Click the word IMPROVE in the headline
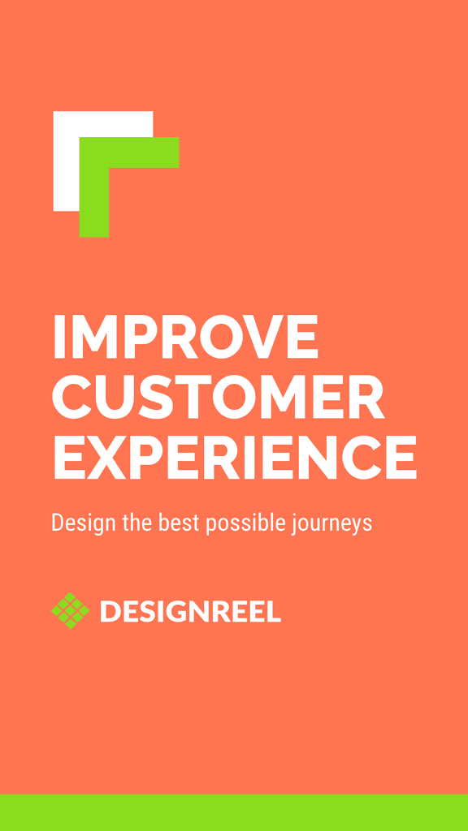coord(185,338)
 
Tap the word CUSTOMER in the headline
coord(219,398)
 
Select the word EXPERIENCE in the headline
coord(234,458)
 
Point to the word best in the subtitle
coord(180,522)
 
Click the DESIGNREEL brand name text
coord(190,611)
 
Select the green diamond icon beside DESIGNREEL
coord(70,610)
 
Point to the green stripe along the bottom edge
coord(234,812)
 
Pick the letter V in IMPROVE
coord(249,338)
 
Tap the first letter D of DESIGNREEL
coord(110,611)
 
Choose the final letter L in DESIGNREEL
coord(275,611)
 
